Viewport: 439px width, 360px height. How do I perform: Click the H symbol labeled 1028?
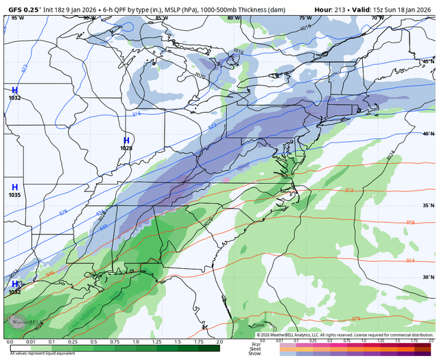[x=126, y=140]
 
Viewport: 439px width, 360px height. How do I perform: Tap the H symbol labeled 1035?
[x=14, y=187]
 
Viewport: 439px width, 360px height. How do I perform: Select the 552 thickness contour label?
[x=348, y=191]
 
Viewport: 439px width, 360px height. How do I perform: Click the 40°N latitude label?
[x=427, y=134]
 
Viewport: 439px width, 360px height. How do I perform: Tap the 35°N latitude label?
[x=427, y=206]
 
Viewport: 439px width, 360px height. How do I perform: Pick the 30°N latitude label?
[x=427, y=277]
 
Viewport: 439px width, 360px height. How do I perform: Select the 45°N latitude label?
[x=427, y=62]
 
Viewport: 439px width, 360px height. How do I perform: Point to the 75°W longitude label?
[x=304, y=17]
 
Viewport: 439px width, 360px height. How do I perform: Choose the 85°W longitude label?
[x=160, y=17]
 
